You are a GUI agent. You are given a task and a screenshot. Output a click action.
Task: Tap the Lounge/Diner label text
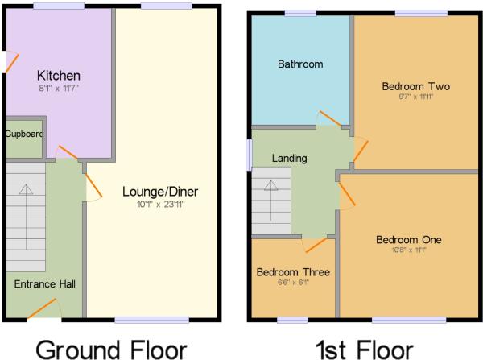(160, 192)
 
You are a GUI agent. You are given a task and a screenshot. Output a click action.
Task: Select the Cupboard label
(24, 134)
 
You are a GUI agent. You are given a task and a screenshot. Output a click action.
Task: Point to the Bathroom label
(300, 64)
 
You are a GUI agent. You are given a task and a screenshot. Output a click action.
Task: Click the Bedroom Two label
(415, 86)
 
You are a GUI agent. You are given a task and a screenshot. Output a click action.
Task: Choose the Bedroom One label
(409, 239)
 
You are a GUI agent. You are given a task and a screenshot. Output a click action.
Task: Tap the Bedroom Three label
(293, 272)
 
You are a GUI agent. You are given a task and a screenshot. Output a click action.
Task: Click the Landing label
(289, 159)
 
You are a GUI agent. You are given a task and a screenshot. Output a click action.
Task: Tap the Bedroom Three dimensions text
(293, 283)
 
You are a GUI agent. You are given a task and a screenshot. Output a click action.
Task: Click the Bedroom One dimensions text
(409, 250)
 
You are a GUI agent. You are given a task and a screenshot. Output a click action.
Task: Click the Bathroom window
(299, 13)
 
